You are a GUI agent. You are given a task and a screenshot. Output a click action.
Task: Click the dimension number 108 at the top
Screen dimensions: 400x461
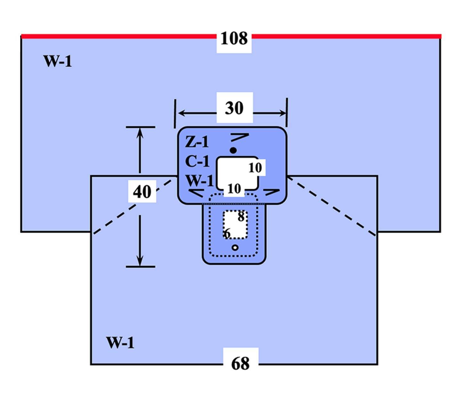234,39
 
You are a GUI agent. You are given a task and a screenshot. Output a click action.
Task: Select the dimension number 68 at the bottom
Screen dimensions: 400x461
240,363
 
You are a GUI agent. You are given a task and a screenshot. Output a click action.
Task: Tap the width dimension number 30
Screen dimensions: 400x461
234,108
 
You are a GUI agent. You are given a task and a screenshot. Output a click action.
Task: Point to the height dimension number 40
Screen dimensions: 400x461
142,192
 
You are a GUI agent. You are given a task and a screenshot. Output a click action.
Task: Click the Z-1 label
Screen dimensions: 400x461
197,141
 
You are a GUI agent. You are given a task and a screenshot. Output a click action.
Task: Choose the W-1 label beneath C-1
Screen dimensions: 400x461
199,181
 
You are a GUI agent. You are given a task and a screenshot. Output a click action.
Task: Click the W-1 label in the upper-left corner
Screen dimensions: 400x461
58,61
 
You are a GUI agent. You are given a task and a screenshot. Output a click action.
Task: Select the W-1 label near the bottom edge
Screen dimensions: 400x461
120,343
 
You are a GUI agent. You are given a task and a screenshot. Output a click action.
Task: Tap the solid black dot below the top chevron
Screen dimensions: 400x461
234,150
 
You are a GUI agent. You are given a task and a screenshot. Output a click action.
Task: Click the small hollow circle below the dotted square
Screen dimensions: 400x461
235,248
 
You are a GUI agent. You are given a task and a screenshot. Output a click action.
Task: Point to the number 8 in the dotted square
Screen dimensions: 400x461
241,217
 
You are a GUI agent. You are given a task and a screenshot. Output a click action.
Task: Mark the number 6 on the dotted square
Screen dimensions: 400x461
227,234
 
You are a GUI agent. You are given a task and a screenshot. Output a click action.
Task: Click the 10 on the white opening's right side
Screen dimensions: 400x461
255,168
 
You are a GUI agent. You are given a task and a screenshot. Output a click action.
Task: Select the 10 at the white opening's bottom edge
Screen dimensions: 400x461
234,189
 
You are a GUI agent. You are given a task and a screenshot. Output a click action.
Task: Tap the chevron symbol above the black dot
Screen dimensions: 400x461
240,137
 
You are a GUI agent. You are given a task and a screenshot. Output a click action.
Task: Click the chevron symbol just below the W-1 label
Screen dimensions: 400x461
196,193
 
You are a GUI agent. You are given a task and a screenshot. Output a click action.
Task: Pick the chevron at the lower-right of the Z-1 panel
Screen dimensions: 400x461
271,192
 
